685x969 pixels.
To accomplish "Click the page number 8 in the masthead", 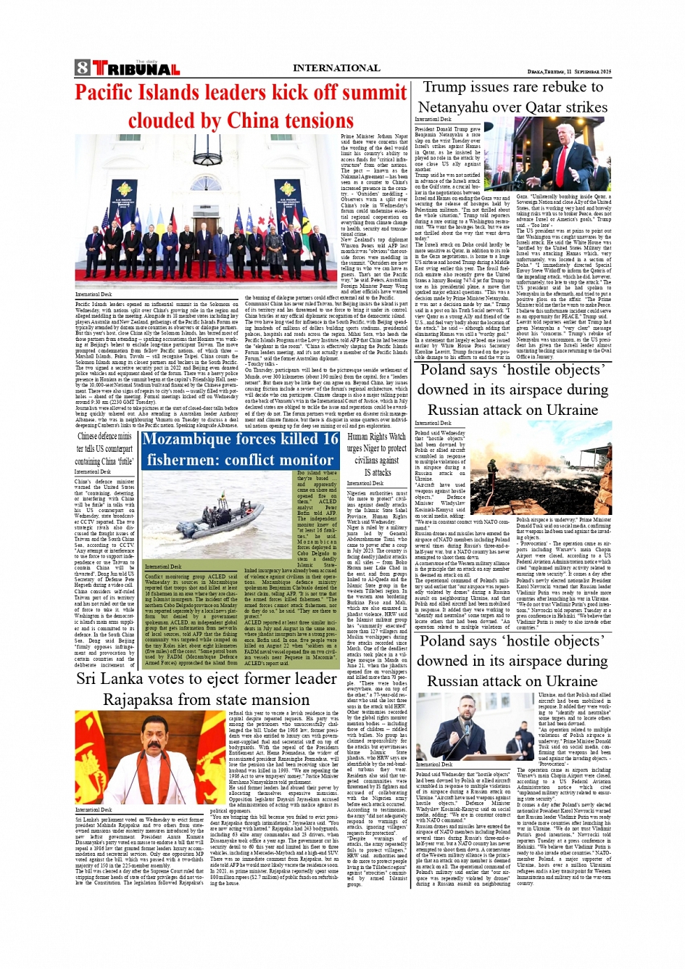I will (x=82, y=68).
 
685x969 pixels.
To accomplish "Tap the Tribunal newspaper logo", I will (x=136, y=69).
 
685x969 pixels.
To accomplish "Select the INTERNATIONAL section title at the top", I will (x=336, y=68).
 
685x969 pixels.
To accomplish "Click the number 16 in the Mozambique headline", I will (x=331, y=440).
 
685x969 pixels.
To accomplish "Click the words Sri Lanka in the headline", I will (x=107, y=679).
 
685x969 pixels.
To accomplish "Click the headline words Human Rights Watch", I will (x=376, y=437).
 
